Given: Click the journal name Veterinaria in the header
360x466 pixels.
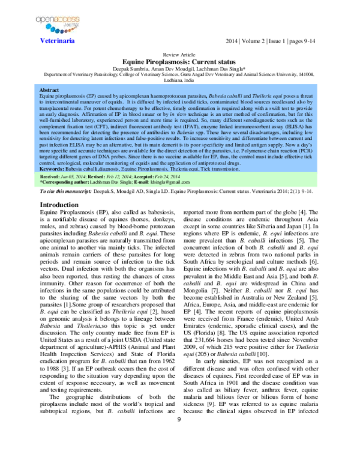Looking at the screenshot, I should tap(57, 41).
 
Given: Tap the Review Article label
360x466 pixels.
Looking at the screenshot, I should tap(180, 54).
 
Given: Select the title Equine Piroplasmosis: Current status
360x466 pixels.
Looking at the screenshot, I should tap(180, 61).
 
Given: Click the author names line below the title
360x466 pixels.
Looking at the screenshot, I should tap(180, 68).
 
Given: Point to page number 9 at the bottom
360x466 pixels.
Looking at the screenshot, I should tap(178, 452).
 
